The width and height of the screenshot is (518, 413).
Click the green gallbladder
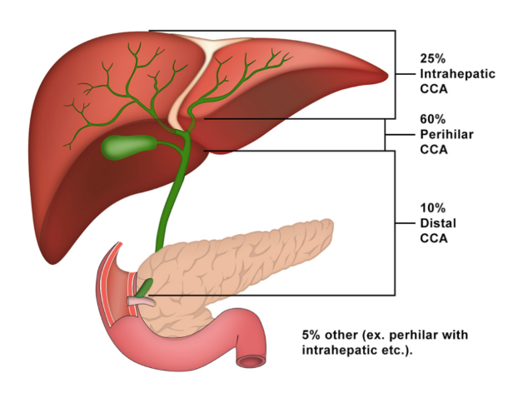125,147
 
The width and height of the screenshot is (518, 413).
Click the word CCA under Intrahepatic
433,88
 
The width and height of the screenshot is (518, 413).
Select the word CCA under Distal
433,238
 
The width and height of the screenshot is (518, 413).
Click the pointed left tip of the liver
385,75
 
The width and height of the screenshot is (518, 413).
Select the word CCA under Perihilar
433,150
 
